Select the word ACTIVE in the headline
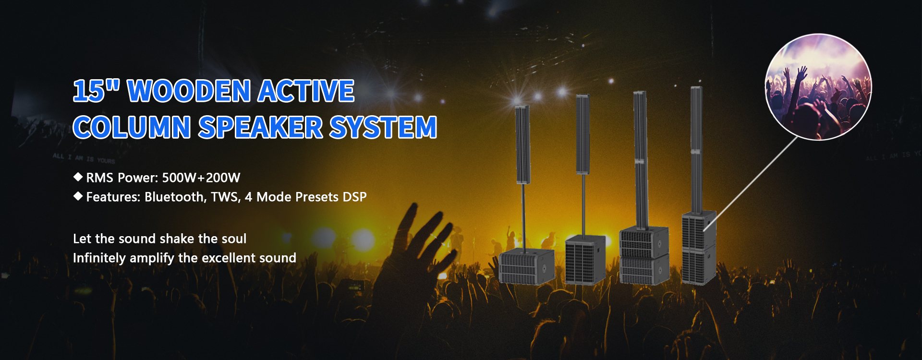click(306, 91)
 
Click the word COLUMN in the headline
click(132, 127)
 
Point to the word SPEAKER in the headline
click(261, 127)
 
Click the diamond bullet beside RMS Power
click(78, 177)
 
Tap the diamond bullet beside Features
click(78, 196)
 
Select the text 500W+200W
click(201, 178)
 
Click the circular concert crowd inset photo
click(818, 87)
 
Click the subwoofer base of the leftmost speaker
click(526, 266)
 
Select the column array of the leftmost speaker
click(522, 144)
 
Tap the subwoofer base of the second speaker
click(584, 259)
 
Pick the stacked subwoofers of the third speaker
click(644, 256)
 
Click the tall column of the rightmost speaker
click(697, 149)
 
